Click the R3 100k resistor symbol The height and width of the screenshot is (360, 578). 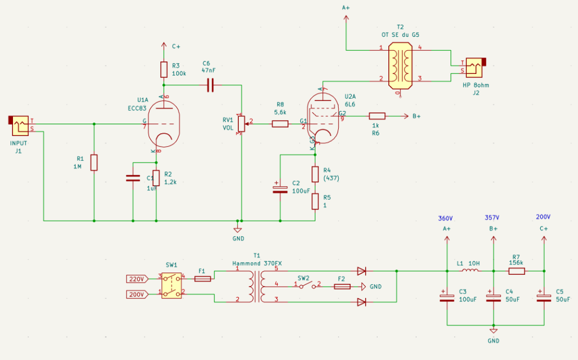(163, 69)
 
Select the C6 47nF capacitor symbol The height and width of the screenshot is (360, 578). (211, 85)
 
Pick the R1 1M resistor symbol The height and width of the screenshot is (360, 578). (94, 163)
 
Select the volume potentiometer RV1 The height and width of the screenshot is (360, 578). (242, 123)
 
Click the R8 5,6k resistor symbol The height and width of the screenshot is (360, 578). (280, 124)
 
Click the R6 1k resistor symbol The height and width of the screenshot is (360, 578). (377, 116)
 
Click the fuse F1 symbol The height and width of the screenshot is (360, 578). (203, 278)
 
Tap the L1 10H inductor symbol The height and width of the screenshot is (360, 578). (470, 271)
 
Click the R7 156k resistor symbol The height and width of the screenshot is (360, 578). (516, 271)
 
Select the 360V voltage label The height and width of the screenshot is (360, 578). (446, 218)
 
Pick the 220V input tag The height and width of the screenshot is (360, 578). (137, 278)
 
